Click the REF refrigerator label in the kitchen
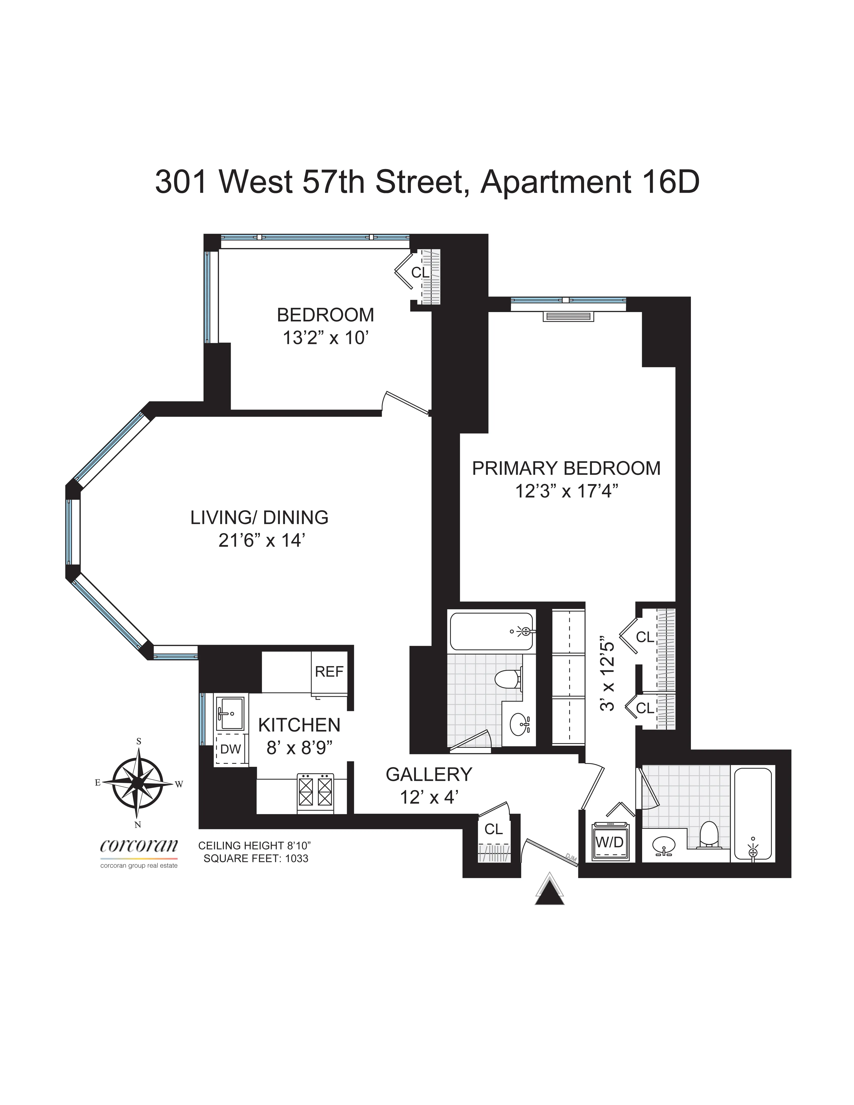coord(329,671)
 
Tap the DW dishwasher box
coord(230,749)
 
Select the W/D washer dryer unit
coord(609,842)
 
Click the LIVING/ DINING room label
coord(259,517)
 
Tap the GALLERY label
coord(429,774)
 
